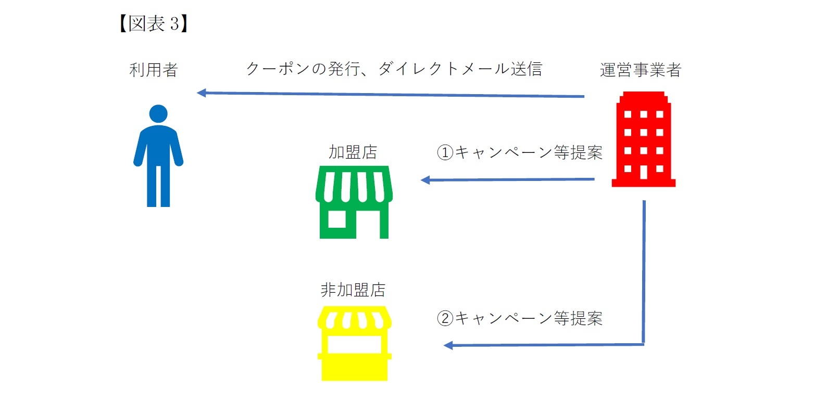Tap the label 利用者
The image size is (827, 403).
point(154,70)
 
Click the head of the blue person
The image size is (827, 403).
point(158,113)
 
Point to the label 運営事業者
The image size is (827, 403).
point(641,70)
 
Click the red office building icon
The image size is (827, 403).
point(644,139)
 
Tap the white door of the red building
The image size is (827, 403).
point(644,171)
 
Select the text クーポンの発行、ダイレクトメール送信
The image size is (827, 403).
point(394,69)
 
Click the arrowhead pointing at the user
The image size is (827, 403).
point(202,93)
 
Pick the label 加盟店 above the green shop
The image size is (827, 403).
point(353,152)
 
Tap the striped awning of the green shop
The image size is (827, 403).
point(354,184)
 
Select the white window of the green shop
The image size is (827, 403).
point(337,219)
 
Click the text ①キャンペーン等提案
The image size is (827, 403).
point(520,152)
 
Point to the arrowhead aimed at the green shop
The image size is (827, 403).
point(425,180)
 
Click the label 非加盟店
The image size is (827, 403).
point(353,290)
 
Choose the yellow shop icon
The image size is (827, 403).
point(354,343)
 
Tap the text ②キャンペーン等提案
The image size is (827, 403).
point(520,318)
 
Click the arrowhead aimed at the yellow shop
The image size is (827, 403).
point(448,345)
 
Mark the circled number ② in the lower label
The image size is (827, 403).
point(445,318)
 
